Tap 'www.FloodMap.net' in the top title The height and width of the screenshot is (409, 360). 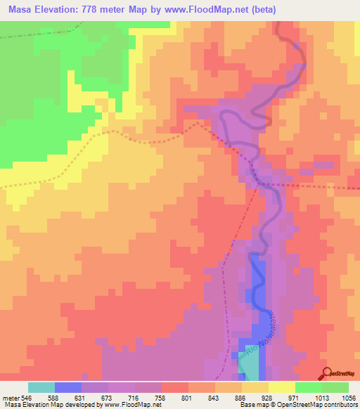[214, 10]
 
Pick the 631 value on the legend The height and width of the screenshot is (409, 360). [82, 397]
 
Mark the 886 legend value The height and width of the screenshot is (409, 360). [242, 397]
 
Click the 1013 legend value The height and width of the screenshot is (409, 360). [321, 397]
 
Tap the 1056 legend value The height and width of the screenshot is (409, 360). [348, 397]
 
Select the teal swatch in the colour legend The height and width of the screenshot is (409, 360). [41, 387]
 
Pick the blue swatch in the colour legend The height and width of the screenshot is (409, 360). [68, 387]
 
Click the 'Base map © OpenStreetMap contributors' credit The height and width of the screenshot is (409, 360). [298, 405]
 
